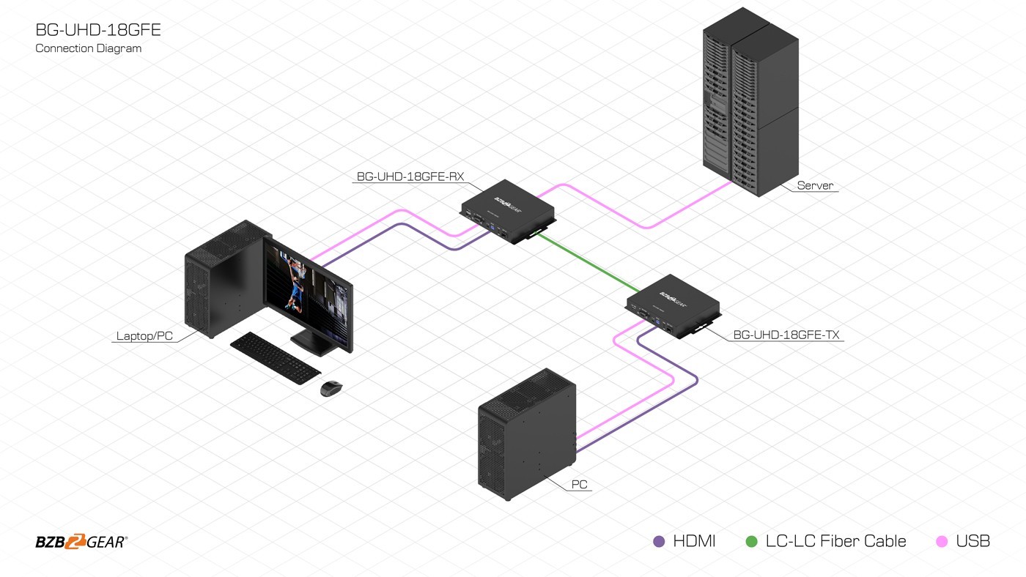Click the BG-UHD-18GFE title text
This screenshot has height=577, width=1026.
97,30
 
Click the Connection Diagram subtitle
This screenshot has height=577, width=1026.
88,48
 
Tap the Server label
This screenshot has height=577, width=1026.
815,186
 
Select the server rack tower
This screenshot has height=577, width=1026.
749,103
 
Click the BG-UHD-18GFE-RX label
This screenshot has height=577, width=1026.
410,176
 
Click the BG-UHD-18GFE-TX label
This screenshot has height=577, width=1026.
786,335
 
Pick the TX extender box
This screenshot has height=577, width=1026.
673,305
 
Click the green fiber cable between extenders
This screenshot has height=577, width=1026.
586,260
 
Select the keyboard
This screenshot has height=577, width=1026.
275,357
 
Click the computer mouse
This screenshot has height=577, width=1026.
331,388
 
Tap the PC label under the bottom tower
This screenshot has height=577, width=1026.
579,485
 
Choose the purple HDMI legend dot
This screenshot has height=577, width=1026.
659,542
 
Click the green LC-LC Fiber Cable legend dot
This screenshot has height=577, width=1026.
751,542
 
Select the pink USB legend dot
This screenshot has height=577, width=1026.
942,542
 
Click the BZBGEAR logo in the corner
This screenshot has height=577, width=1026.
81,542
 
